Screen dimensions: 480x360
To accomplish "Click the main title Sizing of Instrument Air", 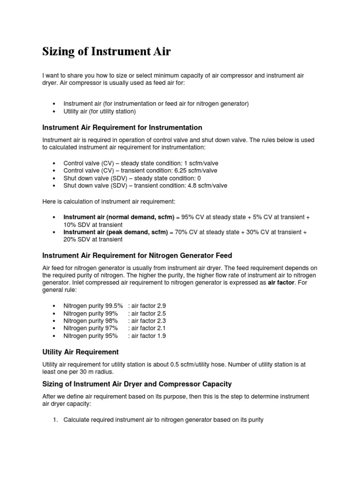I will click(106, 52).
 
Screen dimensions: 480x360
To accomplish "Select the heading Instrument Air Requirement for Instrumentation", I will click(122, 127).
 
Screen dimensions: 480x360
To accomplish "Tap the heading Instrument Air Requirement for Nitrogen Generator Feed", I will click(137, 255).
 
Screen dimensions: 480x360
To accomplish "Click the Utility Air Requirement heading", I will click(80, 352).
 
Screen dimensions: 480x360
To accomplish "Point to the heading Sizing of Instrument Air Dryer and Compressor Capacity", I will click(137, 384).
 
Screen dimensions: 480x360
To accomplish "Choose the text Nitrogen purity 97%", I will click(90, 328).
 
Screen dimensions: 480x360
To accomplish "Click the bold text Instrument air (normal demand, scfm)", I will click(115, 217).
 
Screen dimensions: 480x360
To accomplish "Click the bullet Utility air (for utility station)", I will click(99, 111).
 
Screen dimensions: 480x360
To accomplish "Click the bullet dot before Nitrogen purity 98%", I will click(55, 321).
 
